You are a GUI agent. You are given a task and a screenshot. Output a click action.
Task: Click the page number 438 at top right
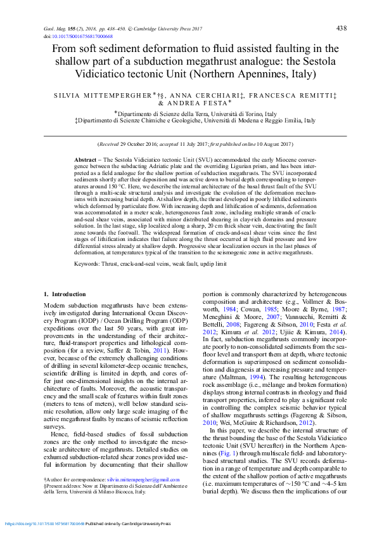click(341, 29)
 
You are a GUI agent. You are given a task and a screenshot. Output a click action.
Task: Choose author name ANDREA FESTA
click(197, 103)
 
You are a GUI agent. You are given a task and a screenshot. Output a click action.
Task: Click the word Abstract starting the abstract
click(85, 159)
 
